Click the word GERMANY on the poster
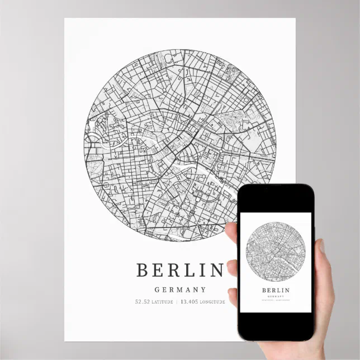pyautogui.click(x=180, y=290)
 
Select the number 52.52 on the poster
pyautogui.click(x=143, y=302)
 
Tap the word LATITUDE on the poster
pyautogui.click(x=162, y=302)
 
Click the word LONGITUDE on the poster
pyautogui.click(x=211, y=302)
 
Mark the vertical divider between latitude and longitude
pyautogui.click(x=177, y=302)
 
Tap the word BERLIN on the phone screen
pyautogui.click(x=276, y=290)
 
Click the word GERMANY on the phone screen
pyautogui.click(x=276, y=296)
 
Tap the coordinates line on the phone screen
pyautogui.click(x=276, y=301)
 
